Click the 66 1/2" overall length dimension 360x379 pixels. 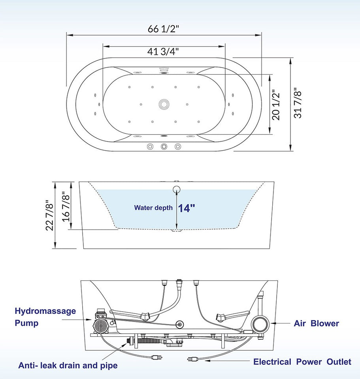click(164, 29)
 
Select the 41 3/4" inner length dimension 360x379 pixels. click(164, 52)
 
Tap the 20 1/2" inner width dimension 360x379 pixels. click(276, 105)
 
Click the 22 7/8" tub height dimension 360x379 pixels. click(49, 216)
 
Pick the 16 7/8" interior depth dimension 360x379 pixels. click(66, 206)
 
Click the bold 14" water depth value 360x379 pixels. click(187, 208)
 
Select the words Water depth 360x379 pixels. click(153, 208)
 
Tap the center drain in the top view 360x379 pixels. click(164, 104)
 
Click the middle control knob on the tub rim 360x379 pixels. click(164, 146)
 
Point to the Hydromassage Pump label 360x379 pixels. click(45, 317)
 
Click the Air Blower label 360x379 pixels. click(316, 324)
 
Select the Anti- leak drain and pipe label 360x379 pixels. click(68, 366)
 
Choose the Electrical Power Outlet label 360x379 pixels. click(302, 362)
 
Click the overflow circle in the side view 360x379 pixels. click(177, 189)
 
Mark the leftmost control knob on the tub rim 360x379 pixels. click(150, 146)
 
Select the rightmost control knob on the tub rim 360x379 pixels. click(177, 146)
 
